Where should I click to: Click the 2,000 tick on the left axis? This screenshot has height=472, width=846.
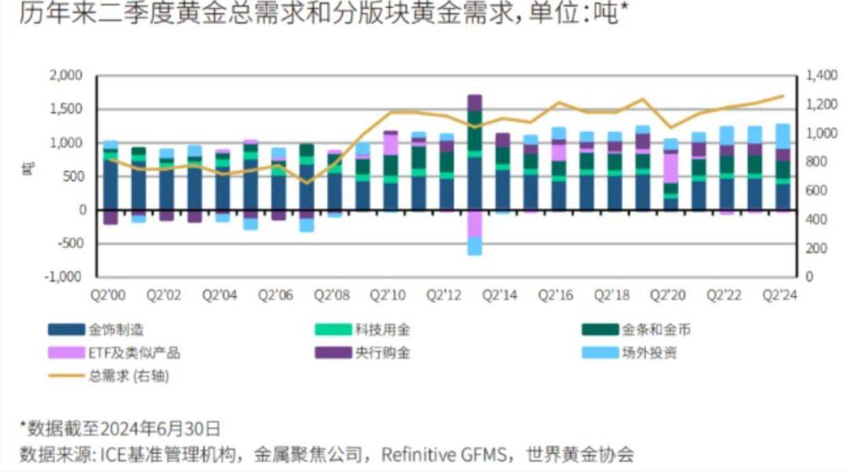tap(66, 75)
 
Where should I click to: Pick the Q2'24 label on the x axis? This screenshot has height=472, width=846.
tap(781, 296)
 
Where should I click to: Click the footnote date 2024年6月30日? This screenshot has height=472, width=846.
tap(160, 429)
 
